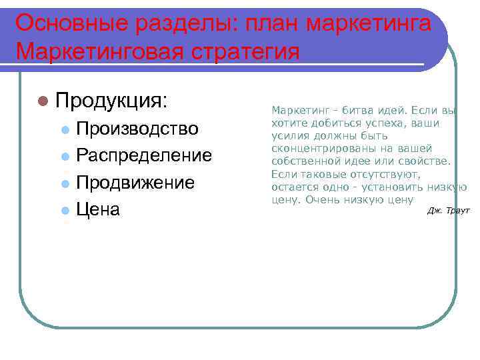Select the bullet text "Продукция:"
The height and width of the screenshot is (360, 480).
click(x=111, y=101)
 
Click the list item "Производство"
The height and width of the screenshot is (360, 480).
click(x=137, y=128)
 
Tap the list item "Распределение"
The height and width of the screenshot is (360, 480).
click(x=144, y=155)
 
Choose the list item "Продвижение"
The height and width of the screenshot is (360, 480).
click(x=135, y=183)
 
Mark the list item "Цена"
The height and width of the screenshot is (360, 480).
click(x=98, y=210)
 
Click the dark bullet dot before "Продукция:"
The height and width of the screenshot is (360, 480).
click(x=44, y=101)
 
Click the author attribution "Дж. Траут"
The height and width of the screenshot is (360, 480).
click(x=449, y=211)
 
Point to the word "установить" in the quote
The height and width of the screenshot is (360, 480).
click(x=399, y=187)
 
